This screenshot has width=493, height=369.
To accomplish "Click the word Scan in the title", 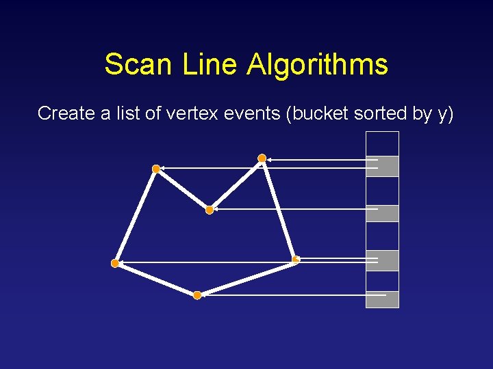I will click(140, 65).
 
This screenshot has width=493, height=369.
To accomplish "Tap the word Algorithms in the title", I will click(317, 65).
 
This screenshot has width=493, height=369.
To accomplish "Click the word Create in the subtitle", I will click(66, 113).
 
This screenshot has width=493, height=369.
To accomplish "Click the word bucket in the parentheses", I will click(320, 113).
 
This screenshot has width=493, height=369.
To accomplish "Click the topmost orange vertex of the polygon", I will click(262, 159).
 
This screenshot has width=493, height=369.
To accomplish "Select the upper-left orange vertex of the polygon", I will click(156, 168).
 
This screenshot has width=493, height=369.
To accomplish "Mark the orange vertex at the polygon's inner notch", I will click(210, 210).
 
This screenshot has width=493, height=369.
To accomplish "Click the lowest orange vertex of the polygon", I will click(197, 295).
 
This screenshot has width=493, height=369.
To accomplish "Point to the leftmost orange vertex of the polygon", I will click(115, 262).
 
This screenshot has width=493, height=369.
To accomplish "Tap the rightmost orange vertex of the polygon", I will click(296, 259).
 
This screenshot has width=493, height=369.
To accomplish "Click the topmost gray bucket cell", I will click(382, 166).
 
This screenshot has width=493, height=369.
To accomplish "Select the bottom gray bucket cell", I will click(382, 299).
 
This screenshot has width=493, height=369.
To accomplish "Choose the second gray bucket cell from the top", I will click(382, 213).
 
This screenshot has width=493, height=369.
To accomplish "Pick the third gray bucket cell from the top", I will click(382, 260).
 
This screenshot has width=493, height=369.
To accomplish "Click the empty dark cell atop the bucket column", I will click(382, 143).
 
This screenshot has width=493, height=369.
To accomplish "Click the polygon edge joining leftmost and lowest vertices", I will click(156, 279).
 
